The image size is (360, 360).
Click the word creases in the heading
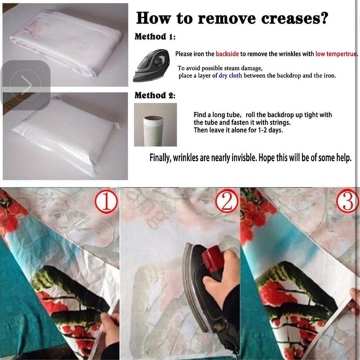pyautogui.click(x=291, y=19)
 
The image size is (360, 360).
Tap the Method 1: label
pyautogui.click(x=155, y=37)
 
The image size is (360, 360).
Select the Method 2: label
pyautogui.click(x=155, y=96)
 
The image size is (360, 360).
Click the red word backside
pyautogui.click(x=227, y=54)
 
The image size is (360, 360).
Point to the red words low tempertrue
pyautogui.click(x=336, y=54)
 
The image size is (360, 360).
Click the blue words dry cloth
pyautogui.click(x=230, y=76)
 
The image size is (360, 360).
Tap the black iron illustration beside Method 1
pyautogui.click(x=151, y=65)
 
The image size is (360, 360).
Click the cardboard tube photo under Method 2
pyautogui.click(x=155, y=125)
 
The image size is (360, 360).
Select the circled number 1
pyautogui.click(x=106, y=201)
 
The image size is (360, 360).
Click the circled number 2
pyautogui.click(x=227, y=201)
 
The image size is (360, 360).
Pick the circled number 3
pyautogui.click(x=348, y=201)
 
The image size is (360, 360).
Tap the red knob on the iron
pyautogui.click(x=213, y=258)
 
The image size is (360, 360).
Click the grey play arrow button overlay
pyautogui.click(x=25, y=85)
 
